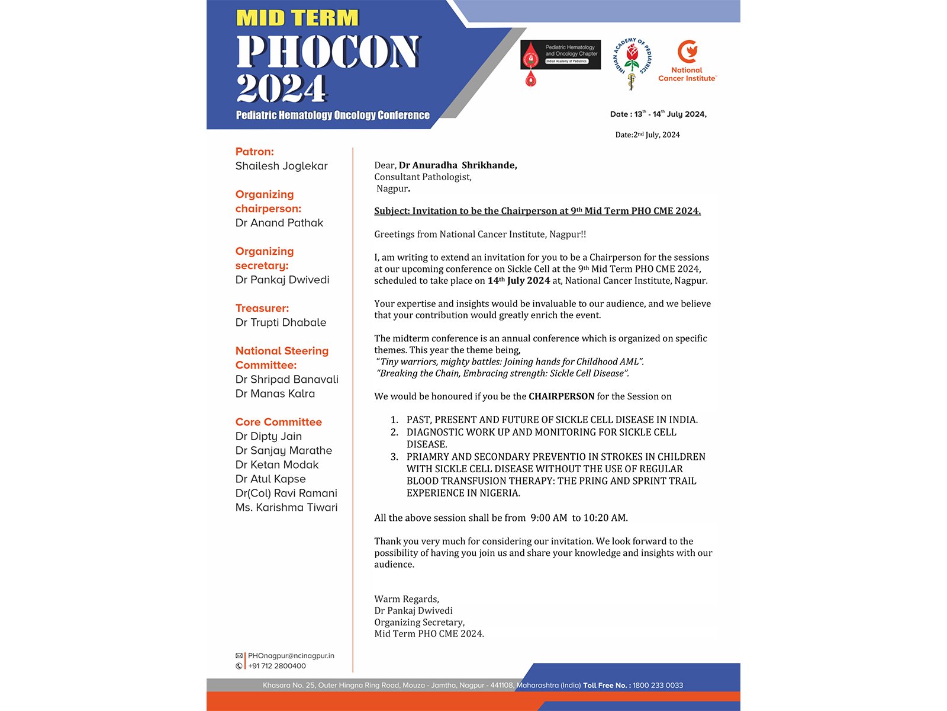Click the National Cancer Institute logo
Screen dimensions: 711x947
[x=687, y=61]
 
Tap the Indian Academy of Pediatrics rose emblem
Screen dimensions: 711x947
[x=632, y=63]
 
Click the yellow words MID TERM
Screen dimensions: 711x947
[x=297, y=18]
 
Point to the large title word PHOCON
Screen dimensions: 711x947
[x=328, y=52]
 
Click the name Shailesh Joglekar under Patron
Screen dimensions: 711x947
[x=281, y=166]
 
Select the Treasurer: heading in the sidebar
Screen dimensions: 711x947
[x=262, y=308]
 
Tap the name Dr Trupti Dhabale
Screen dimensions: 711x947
[x=281, y=322]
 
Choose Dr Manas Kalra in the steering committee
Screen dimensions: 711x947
[x=275, y=393]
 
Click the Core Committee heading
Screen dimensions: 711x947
[x=278, y=422]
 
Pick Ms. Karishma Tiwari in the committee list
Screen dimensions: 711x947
[x=286, y=507]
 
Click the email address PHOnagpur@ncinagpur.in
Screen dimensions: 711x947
[x=291, y=656]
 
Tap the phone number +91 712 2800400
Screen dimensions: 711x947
[x=277, y=666]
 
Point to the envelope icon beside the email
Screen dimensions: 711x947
[x=239, y=656]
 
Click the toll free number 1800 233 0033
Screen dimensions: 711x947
[x=658, y=686]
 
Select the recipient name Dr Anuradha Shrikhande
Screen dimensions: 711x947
[x=458, y=165]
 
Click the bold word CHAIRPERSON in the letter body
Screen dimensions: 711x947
[x=561, y=396]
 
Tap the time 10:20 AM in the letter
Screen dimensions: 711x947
[x=605, y=518]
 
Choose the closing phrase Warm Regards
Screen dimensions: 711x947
[x=406, y=599]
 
